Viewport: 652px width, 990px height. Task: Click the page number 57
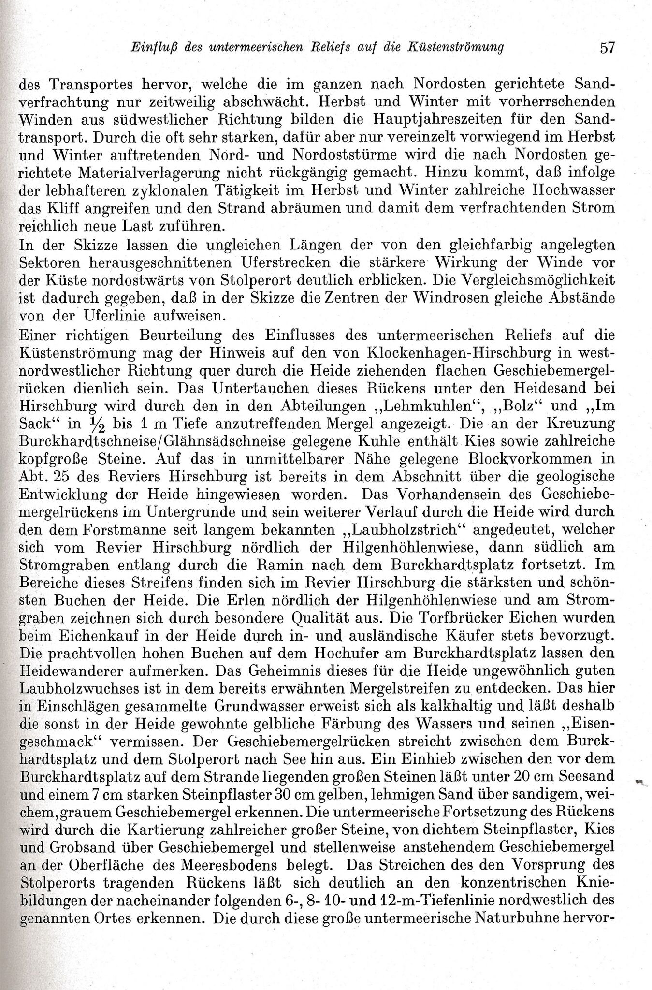tap(607, 47)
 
